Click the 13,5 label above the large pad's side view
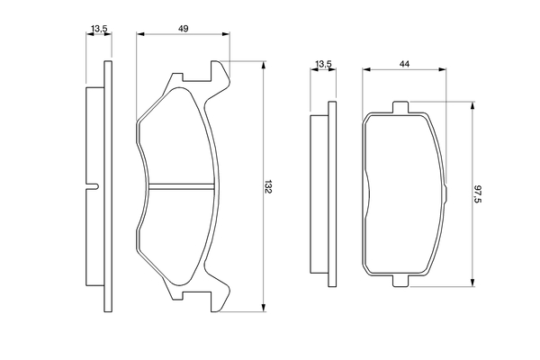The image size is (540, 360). (100, 30)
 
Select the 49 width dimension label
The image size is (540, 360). (183, 30)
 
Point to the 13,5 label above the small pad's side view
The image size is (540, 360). (323, 64)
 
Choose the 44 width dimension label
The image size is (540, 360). (406, 64)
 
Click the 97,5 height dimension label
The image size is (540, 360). (478, 193)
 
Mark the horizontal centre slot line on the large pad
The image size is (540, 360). (183, 186)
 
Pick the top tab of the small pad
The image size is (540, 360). (401, 109)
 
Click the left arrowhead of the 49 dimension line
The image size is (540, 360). (139, 36)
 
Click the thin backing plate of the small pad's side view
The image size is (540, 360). (331, 193)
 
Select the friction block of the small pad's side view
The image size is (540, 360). (317, 193)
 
